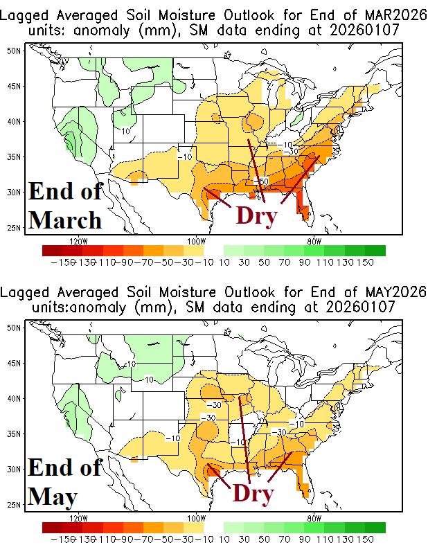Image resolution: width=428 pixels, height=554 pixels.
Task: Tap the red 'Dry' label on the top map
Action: (x=256, y=215)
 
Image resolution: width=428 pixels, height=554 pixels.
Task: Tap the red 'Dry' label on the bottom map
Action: (x=253, y=492)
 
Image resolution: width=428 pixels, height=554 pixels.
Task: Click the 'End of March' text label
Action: (x=65, y=206)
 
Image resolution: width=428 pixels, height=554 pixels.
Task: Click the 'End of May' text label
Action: (x=65, y=482)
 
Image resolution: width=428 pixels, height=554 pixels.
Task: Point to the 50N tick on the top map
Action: (x=12, y=51)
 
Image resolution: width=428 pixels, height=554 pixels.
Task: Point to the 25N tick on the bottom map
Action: (x=12, y=505)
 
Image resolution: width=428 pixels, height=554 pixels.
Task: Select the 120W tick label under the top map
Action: (x=78, y=241)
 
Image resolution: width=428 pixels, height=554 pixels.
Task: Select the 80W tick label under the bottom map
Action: (x=313, y=518)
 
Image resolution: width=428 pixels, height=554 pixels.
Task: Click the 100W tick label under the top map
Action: (x=196, y=241)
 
